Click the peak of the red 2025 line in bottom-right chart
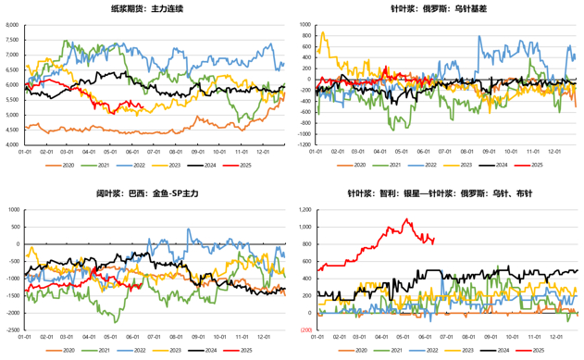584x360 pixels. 405,219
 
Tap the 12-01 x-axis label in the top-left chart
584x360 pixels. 264,155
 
